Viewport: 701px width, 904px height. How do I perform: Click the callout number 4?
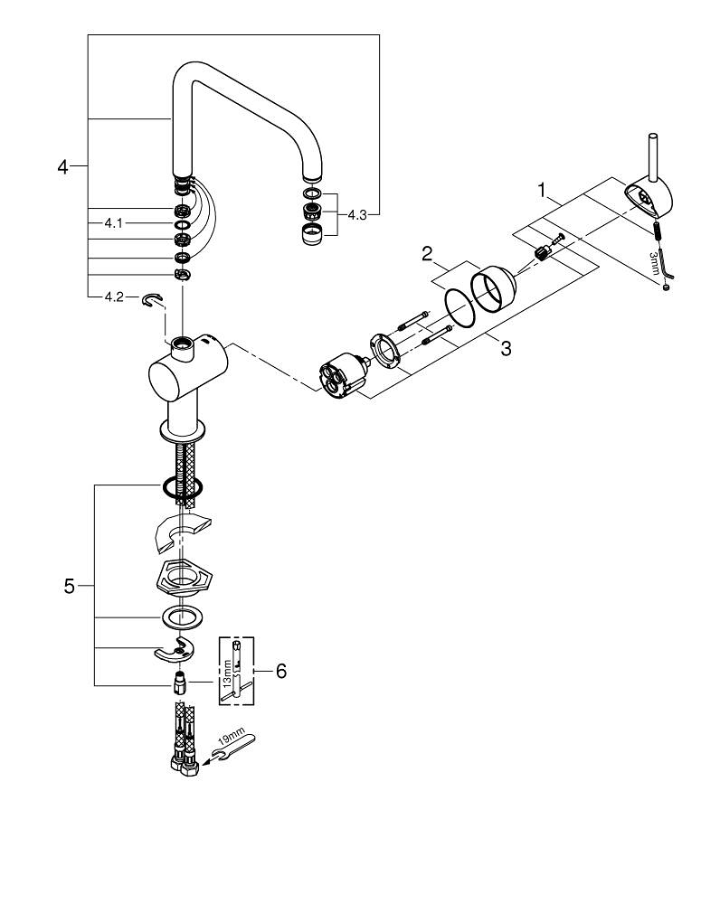point(62,167)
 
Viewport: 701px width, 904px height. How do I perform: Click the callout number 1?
point(542,191)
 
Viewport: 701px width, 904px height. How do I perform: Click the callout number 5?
point(69,586)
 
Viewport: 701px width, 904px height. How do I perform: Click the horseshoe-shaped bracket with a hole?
point(181,651)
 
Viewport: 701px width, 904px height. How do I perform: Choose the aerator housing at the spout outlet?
point(311,235)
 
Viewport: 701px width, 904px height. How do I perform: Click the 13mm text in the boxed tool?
point(228,673)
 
